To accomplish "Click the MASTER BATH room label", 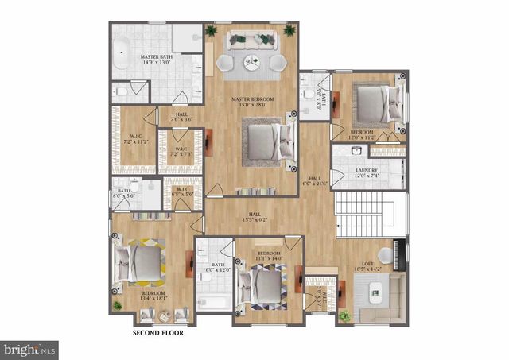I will tap(157, 61).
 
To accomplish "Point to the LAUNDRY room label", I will tap(366, 172).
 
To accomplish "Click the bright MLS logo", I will tap(29, 348).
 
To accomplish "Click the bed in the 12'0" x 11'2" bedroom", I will tap(377, 103).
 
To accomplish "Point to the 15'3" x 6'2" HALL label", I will tap(254, 217).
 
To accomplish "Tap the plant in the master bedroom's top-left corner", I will tap(212, 32).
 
